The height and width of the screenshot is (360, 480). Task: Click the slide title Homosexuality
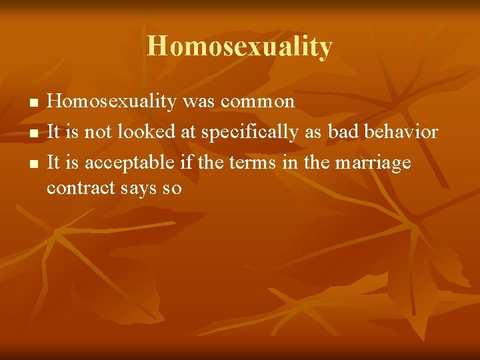pyautogui.click(x=239, y=47)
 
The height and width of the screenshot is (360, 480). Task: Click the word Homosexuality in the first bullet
pyautogui.click(x=111, y=101)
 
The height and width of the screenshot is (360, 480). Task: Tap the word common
pyautogui.click(x=257, y=101)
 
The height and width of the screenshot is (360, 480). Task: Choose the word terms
pyautogui.click(x=249, y=163)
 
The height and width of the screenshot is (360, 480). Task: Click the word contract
pyautogui.click(x=81, y=189)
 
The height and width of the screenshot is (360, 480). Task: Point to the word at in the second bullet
pyautogui.click(x=187, y=132)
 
